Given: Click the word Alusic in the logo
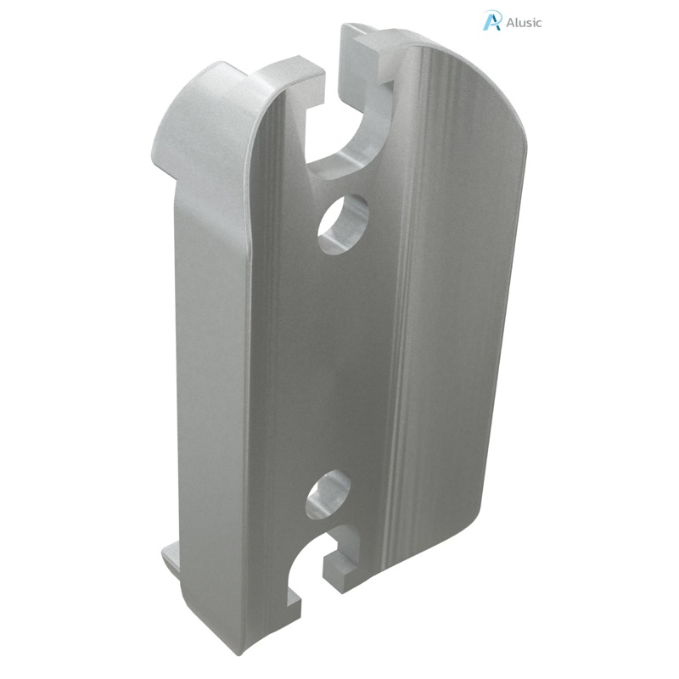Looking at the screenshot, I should pos(525,23).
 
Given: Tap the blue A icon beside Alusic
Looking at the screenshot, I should pos(492,21).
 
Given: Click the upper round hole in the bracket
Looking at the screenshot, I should pos(343,223).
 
